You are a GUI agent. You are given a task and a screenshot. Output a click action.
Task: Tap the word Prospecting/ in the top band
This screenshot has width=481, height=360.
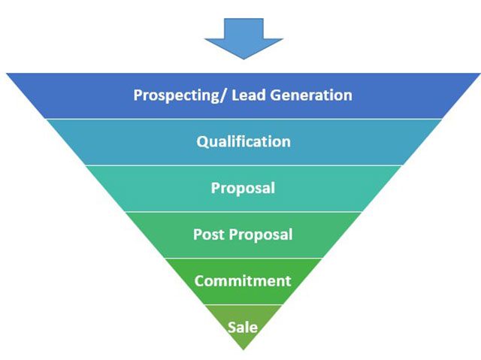(181, 95)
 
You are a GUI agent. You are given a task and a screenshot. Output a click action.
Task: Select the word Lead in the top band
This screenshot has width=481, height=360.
(249, 95)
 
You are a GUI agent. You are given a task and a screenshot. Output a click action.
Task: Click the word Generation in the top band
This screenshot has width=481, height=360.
(311, 95)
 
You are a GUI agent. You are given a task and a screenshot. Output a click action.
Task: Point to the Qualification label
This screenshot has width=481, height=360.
(244, 141)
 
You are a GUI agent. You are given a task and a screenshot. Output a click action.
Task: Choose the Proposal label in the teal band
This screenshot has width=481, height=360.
(243, 189)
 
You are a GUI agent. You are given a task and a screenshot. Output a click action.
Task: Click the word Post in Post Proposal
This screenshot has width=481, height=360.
(209, 234)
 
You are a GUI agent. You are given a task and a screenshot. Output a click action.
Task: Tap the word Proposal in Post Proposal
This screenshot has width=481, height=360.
(261, 235)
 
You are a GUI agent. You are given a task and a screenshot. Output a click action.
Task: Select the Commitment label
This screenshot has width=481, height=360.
(243, 281)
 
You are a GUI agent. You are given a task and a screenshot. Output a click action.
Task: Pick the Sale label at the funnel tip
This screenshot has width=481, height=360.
(243, 327)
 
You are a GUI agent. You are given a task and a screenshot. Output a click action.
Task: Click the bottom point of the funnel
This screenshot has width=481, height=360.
(244, 350)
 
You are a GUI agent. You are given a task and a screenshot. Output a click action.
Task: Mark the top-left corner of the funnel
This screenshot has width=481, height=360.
(7, 74)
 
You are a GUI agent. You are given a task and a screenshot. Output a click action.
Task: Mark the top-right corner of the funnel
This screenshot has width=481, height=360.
(480, 74)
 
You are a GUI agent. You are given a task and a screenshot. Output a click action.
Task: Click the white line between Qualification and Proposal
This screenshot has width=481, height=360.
(244, 165)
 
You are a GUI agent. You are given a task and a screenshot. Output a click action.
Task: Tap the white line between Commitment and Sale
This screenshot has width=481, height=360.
(244, 304)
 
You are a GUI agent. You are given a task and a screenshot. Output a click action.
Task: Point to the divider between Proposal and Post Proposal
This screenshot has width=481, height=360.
(244, 212)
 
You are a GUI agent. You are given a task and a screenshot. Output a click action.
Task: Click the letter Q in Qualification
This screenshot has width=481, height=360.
(203, 142)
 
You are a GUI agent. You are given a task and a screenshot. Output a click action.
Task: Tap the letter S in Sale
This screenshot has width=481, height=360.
(232, 328)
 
